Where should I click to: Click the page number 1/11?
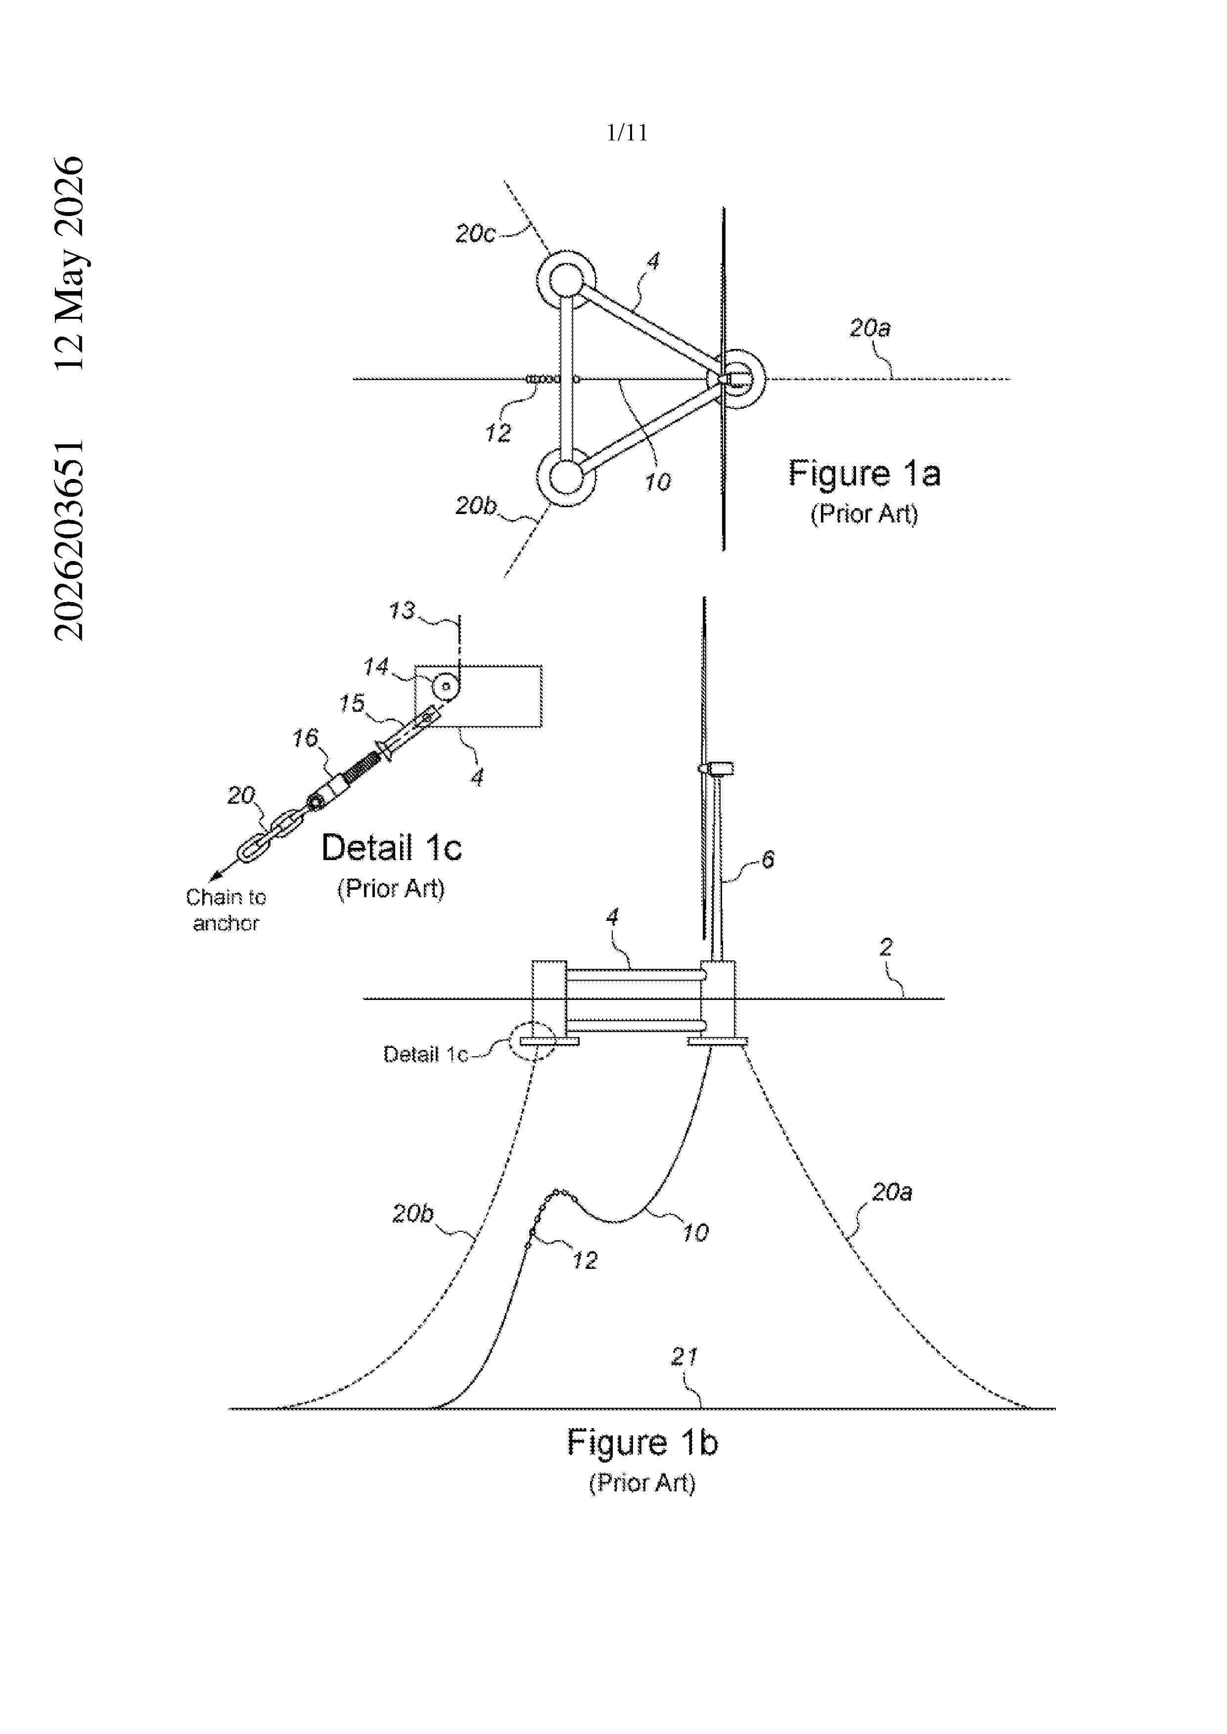point(627,133)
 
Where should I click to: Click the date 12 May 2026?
point(70,263)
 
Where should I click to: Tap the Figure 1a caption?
point(864,474)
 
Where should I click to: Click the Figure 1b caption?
point(642,1442)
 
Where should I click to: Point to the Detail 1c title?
point(391,847)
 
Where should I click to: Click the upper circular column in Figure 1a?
point(566,280)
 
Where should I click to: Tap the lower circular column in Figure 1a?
point(566,477)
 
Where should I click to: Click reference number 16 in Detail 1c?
point(305,738)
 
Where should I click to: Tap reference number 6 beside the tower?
point(768,860)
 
